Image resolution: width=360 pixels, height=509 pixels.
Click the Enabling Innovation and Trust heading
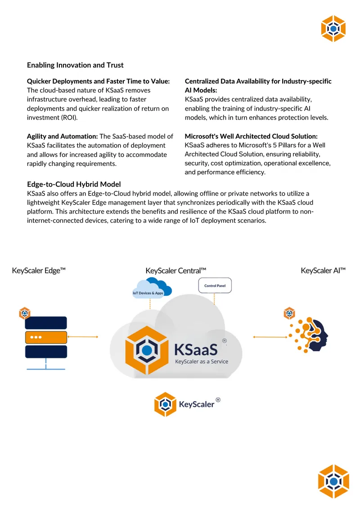[75, 65]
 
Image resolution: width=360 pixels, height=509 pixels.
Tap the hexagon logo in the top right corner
[333, 29]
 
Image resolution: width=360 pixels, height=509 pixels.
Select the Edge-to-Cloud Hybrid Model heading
[74, 184]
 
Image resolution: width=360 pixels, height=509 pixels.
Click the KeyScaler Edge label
[39, 271]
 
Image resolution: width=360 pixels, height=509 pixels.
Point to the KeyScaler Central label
[176, 271]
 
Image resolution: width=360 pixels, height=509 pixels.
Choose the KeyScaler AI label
[323, 271]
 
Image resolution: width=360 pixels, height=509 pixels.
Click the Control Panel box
[215, 286]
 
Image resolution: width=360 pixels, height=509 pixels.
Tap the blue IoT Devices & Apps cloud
[151, 288]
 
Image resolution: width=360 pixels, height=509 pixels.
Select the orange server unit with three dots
[46, 337]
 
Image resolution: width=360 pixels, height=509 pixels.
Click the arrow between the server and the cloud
[82, 337]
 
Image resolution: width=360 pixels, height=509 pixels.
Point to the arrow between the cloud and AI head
[270, 337]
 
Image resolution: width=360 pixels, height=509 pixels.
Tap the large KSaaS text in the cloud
[196, 350]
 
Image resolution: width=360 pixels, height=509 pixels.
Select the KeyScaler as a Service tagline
[202, 362]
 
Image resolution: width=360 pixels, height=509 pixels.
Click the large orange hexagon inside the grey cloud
[147, 350]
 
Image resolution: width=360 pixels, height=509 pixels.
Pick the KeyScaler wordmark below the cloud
[197, 405]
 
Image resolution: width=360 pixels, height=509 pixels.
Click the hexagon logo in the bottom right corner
[333, 482]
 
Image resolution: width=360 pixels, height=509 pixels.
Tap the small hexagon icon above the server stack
[25, 313]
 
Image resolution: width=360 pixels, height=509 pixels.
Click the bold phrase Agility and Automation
[62, 136]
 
